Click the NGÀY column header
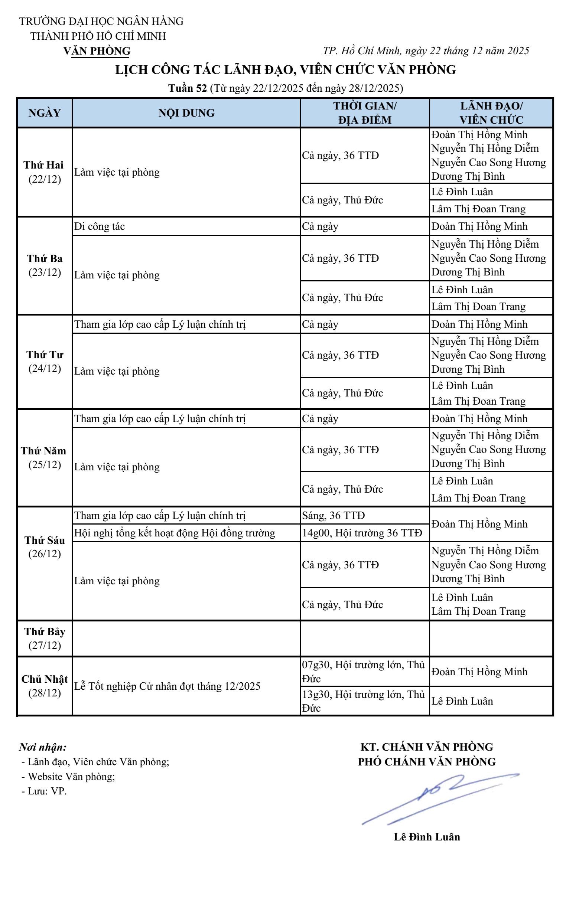point(45,112)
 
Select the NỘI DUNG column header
point(186,112)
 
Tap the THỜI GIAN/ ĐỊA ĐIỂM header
point(365,112)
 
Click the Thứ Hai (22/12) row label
point(44,172)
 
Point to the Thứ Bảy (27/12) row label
point(45,638)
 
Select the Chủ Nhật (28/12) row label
point(45,686)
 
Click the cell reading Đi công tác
point(100,226)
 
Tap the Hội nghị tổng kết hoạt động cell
point(175,533)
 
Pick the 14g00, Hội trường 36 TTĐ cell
point(362,533)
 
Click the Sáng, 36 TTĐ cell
point(334,515)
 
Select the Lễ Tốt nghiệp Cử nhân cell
point(167,686)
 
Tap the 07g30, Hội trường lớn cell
point(363,671)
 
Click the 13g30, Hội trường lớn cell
point(363,701)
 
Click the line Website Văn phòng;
point(71,777)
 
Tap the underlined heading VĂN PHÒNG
point(97,51)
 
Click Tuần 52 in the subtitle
point(187,88)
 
